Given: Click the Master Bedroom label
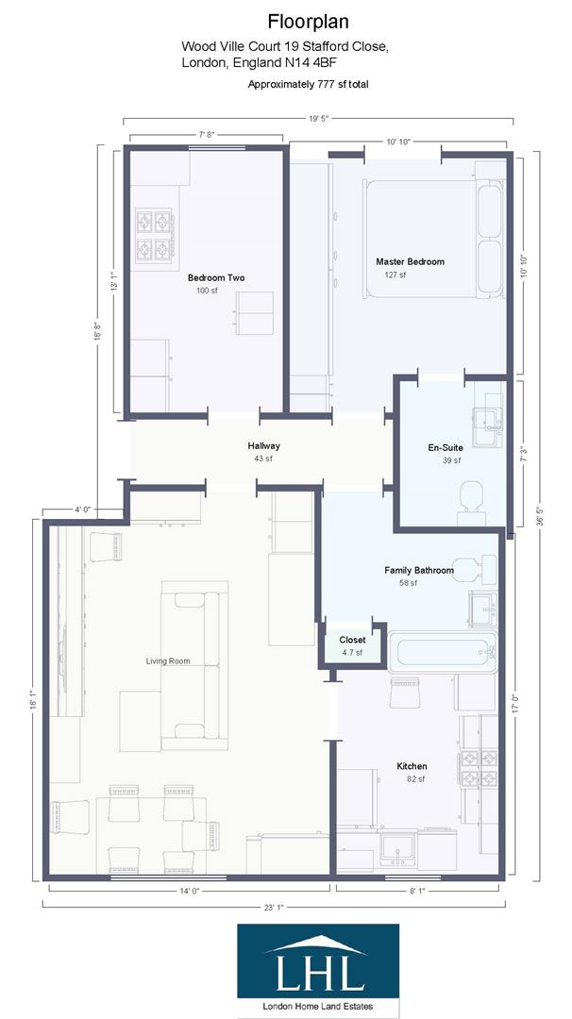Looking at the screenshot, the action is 411,262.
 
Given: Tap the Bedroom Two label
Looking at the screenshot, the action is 216,278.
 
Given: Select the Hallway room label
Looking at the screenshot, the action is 263,445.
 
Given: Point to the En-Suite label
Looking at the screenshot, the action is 444,448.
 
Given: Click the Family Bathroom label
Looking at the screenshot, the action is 419,571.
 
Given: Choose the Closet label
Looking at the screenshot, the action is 352,640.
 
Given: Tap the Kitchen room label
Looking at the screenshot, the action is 412,766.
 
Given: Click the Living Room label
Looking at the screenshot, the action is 168,660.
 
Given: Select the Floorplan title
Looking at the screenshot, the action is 308,22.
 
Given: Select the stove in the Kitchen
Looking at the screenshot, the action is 479,769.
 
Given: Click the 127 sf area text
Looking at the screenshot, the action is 395,275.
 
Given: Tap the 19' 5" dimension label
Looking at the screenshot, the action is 318,118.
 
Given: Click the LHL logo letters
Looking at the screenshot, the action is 318,972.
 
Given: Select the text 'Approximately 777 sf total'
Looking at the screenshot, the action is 308,85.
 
